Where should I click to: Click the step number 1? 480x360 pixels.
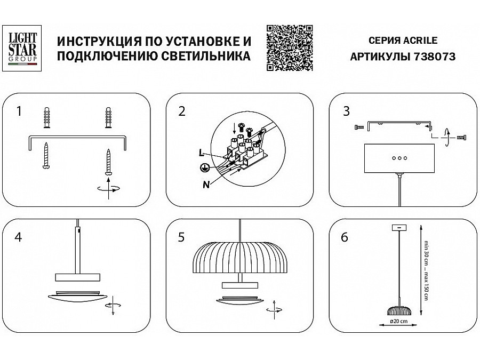[19, 111]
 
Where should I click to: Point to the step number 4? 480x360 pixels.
[19, 237]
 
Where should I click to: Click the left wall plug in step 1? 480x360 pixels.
[47, 117]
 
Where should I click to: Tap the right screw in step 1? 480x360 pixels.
[109, 161]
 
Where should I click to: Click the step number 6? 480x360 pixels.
[343, 237]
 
